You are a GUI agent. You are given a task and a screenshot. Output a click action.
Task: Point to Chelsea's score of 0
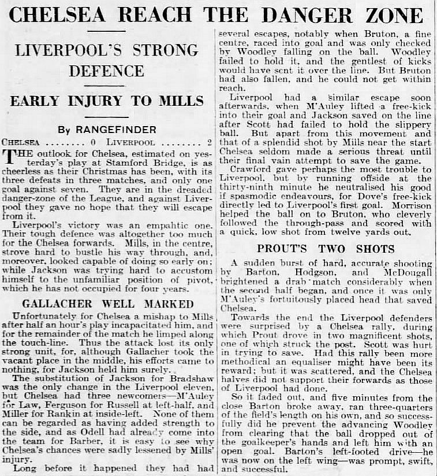(93, 141)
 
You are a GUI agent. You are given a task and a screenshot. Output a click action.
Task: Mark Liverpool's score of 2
(209, 141)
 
